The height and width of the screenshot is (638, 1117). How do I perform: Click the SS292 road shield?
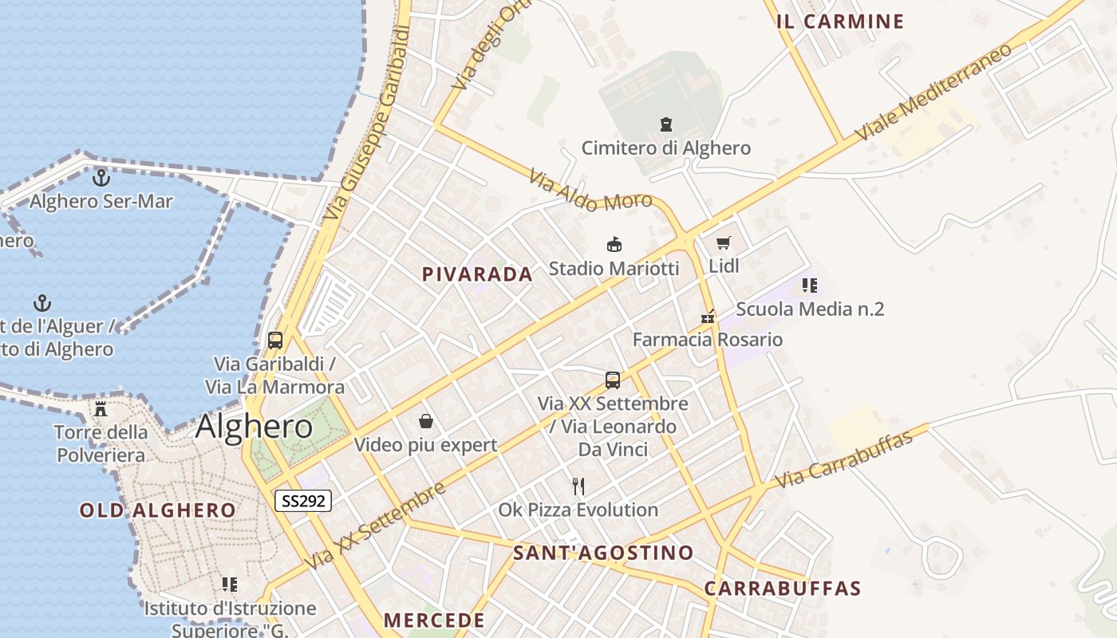(x=302, y=501)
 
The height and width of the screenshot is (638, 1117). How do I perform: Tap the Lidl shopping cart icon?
(x=723, y=243)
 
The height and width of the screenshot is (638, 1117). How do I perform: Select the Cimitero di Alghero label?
(x=665, y=148)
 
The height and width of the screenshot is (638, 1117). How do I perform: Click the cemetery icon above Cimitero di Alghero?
(x=665, y=124)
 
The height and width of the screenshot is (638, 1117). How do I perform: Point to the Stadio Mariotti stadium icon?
(x=614, y=245)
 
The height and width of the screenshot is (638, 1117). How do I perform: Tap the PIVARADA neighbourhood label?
(x=477, y=274)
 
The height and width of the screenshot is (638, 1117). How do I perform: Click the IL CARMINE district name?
(x=840, y=22)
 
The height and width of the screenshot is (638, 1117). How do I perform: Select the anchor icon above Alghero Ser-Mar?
(x=101, y=178)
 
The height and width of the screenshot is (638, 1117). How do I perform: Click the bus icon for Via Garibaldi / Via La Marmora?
(x=275, y=341)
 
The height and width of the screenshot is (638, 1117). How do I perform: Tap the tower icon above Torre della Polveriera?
(x=101, y=409)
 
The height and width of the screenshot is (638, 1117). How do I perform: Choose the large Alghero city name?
(x=254, y=427)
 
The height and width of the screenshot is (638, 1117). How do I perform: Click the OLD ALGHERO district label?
(x=157, y=510)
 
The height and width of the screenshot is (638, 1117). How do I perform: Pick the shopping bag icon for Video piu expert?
(x=426, y=421)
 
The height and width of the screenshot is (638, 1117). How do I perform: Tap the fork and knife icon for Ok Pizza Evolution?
(x=578, y=486)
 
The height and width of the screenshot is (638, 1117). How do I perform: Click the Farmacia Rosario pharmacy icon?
(x=708, y=317)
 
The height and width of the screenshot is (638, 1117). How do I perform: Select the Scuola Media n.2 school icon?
(x=810, y=286)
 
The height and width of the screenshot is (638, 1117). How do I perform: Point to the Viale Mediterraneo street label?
(x=934, y=92)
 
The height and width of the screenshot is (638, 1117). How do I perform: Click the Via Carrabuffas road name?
(x=843, y=461)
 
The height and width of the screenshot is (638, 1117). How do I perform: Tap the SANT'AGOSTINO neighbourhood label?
(x=603, y=553)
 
